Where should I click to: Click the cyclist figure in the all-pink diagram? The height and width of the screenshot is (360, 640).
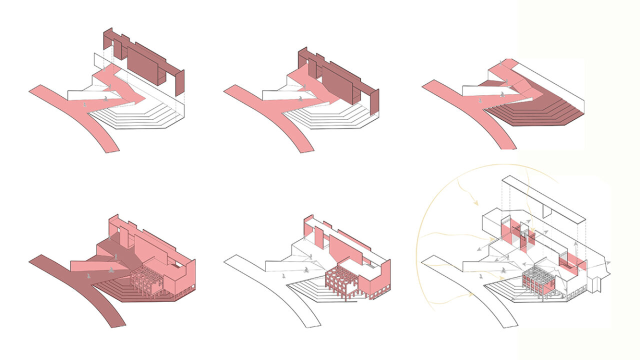[x=110, y=270]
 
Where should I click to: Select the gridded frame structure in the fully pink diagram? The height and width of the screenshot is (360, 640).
[x=146, y=282]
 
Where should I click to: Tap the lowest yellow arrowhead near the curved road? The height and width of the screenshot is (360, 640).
[x=470, y=294]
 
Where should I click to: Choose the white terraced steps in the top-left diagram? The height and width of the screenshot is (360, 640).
[x=145, y=117]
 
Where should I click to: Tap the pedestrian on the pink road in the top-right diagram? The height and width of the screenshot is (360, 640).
[x=480, y=101]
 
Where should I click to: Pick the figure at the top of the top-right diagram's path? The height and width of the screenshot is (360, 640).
[x=502, y=63]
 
